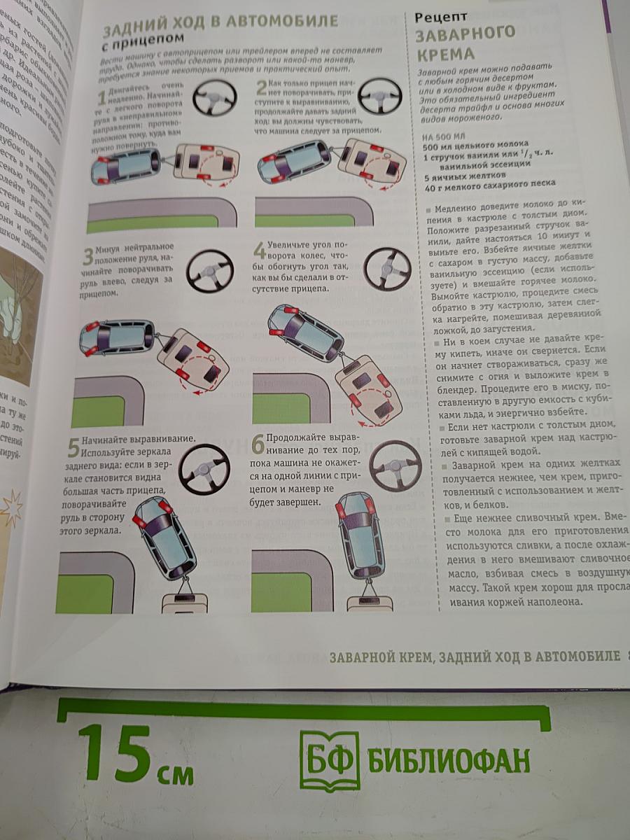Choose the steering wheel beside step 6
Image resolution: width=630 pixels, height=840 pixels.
395,465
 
